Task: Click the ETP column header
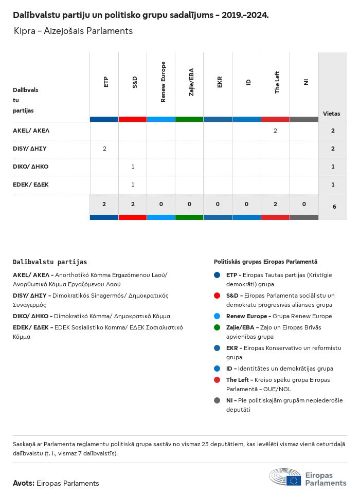coord(105,82)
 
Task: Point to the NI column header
coord(305,82)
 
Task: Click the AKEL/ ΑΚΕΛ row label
coord(31,131)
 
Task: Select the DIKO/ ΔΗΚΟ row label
coord(30,167)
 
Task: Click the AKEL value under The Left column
coord(275,131)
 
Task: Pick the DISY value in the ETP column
coord(104,149)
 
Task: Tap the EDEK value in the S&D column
coord(133,185)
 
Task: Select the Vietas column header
coord(331,114)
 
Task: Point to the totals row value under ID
coord(246,204)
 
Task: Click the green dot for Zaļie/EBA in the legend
coord(217,327)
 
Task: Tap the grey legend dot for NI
coord(217,400)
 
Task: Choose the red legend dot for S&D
coord(217,296)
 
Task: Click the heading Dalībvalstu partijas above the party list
coord(50,262)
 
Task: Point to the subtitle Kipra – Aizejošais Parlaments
coord(73,31)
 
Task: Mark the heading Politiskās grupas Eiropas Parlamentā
coord(265,262)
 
